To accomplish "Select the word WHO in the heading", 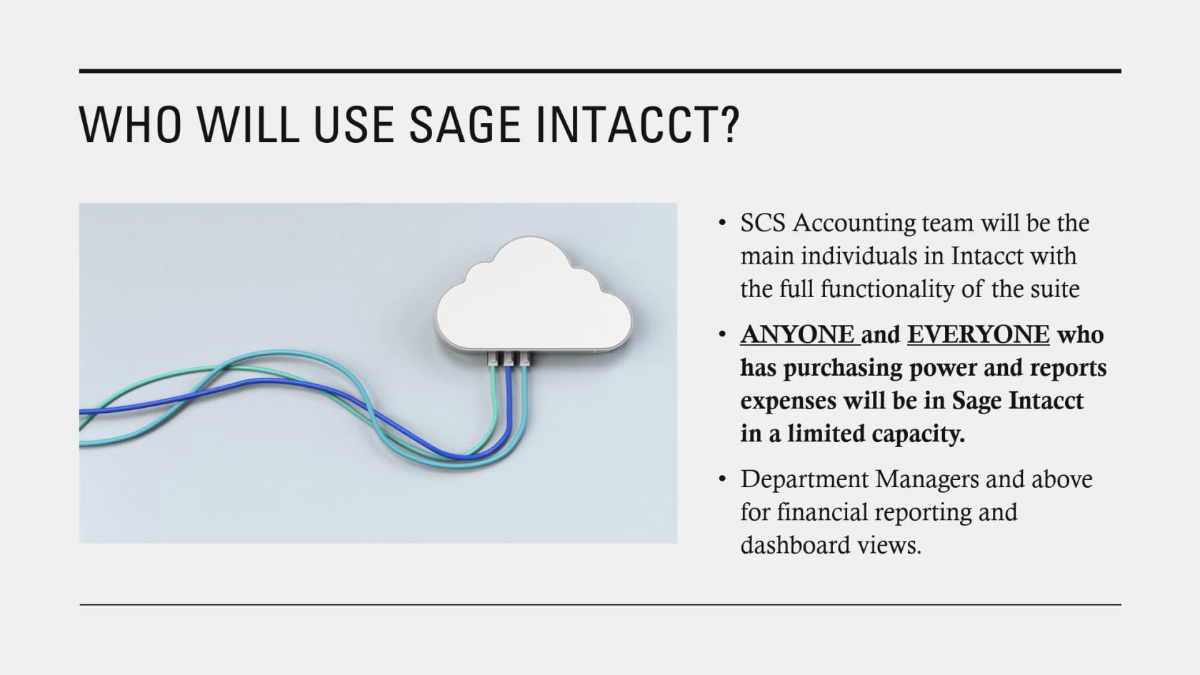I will pyautogui.click(x=130, y=125).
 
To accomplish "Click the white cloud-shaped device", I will pyautogui.click(x=534, y=296).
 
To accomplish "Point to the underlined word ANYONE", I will pyautogui.click(x=797, y=334).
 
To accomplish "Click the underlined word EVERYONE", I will pyautogui.click(x=978, y=334).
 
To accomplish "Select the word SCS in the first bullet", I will pyautogui.click(x=763, y=223).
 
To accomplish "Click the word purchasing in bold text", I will pyautogui.click(x=843, y=368).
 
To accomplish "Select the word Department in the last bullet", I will pyautogui.click(x=804, y=479).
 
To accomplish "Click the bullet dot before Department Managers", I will pyautogui.click(x=722, y=479).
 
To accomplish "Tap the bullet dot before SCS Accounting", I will pyautogui.click(x=722, y=223).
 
